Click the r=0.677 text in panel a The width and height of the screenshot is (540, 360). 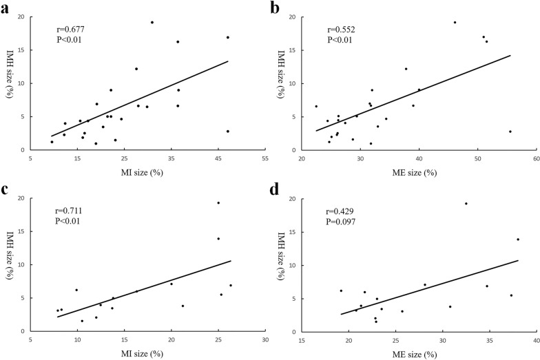pyautogui.click(x=72, y=30)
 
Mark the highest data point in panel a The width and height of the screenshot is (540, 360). pyautogui.click(x=152, y=22)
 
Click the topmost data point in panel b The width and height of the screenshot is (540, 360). pyautogui.click(x=455, y=22)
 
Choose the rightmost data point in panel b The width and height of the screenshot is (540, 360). pyautogui.click(x=510, y=131)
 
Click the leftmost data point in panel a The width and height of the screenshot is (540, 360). pyautogui.click(x=52, y=142)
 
